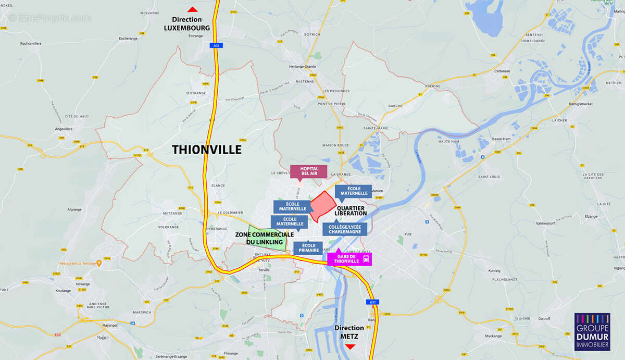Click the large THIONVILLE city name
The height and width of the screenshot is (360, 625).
click(x=207, y=150)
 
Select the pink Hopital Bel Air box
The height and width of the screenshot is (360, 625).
click(x=308, y=171)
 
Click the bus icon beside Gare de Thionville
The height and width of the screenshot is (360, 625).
click(x=367, y=258)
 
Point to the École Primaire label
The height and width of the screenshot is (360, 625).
click(x=308, y=248)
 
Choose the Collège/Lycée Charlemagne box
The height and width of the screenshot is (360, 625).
click(x=344, y=229)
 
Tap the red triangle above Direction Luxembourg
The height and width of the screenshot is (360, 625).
click(x=192, y=9)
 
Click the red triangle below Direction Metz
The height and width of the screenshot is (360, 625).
click(x=350, y=346)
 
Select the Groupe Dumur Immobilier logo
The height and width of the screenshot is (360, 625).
click(x=592, y=331)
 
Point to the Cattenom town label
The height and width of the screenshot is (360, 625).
click(x=502, y=71)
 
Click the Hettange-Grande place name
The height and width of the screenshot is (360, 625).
click(x=303, y=67)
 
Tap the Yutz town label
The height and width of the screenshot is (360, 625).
click(x=408, y=234)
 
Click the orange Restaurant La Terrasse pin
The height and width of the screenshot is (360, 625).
click(x=99, y=263)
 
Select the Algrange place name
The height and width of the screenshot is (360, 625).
click(x=74, y=209)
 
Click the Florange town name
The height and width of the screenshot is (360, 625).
click(x=231, y=353)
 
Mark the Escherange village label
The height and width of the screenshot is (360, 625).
click(x=128, y=38)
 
